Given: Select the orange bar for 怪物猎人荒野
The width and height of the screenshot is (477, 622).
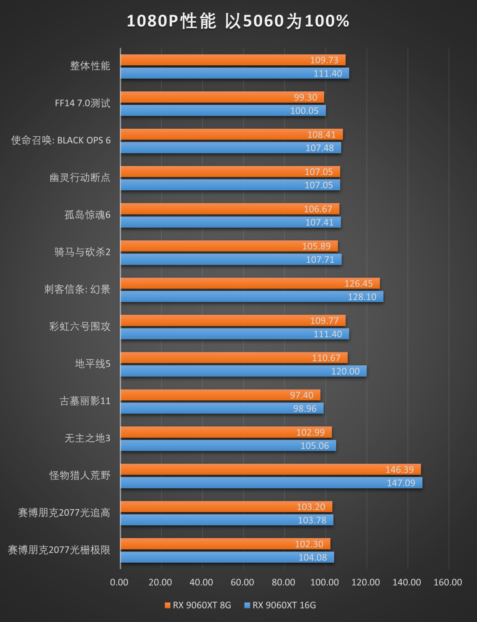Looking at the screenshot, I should pos(271,469).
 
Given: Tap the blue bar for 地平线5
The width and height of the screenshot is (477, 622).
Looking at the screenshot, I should pos(243,371).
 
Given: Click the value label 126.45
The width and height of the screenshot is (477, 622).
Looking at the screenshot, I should pos(358,284).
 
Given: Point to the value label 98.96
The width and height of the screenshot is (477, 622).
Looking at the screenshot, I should pos(304,409).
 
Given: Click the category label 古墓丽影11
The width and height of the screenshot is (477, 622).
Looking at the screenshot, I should pos(85,401).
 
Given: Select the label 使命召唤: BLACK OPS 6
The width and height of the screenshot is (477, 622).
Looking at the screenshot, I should pos(61,140).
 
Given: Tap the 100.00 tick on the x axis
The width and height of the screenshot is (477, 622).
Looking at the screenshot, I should pos(325,582).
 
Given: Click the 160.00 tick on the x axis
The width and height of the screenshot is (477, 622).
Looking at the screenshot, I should pos(448,582).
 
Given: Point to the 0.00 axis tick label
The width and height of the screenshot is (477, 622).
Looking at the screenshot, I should pos(119,582).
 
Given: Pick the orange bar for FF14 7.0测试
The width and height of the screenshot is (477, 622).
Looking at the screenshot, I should pos(222,97).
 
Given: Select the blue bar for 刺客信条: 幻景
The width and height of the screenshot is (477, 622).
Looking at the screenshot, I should pos(252,297).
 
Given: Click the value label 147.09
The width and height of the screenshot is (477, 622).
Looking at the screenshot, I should pos(401,483).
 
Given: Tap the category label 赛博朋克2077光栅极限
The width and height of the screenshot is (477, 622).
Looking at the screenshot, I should pos(59,550).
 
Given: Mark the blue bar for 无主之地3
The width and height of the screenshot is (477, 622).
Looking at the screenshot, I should pos(228,446).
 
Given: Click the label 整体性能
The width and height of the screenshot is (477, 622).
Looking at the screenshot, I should pos(90,66).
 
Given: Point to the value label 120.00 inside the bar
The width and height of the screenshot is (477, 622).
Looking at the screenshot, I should pos(345,371).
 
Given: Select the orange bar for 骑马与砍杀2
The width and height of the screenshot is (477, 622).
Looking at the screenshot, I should pos(229,246).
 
